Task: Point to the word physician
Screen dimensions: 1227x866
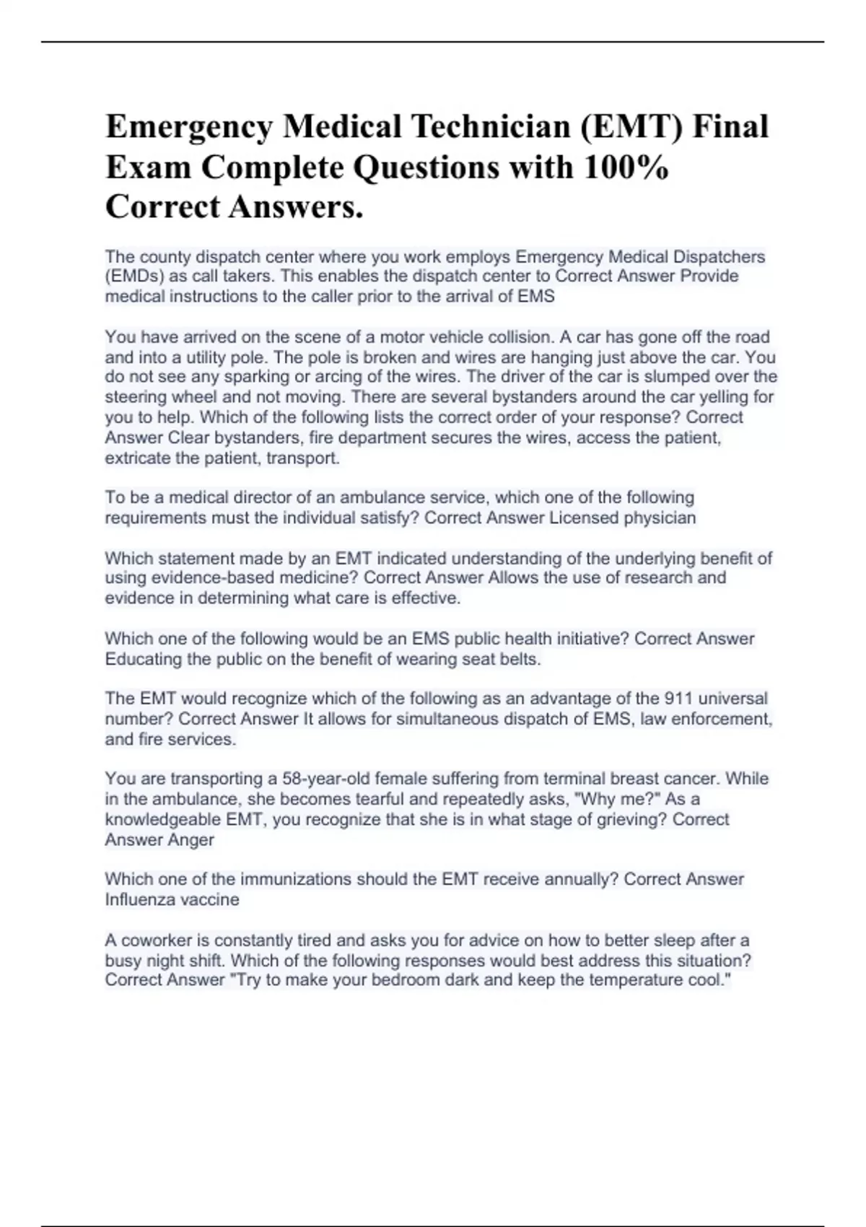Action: tap(658, 518)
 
